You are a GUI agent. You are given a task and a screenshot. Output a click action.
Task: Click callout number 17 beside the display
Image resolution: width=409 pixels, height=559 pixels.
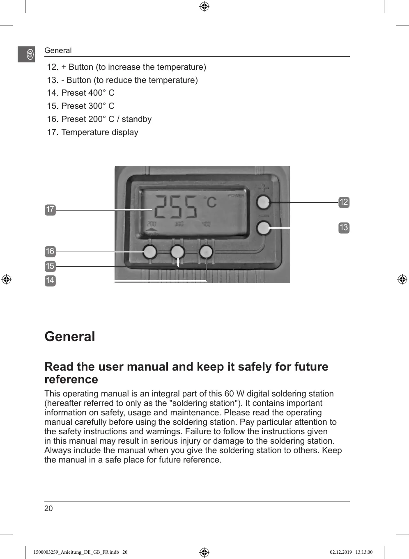coord(50,210)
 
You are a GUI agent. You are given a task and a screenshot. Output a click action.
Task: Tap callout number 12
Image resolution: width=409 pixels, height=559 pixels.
coord(344,202)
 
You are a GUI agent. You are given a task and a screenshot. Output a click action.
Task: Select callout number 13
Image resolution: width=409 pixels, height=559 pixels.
coord(344,227)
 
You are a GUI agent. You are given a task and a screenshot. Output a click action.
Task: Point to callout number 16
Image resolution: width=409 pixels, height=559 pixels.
coord(50,251)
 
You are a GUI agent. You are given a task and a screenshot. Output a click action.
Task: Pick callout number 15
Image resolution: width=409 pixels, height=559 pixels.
coord(50,266)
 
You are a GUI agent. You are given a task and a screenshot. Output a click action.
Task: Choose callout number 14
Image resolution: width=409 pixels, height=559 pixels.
coord(50,280)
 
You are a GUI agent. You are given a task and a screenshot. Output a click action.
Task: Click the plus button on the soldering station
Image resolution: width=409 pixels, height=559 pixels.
coord(263,202)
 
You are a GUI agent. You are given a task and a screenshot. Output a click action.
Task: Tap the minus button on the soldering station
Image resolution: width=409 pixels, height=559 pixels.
coord(263,227)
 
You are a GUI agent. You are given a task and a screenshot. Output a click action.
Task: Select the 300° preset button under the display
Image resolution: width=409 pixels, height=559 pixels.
coord(177,252)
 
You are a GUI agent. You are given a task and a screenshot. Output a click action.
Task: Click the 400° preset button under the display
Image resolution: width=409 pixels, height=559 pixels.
coord(206,252)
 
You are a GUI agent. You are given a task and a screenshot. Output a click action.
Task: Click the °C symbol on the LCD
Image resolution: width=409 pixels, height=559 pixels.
coord(209,202)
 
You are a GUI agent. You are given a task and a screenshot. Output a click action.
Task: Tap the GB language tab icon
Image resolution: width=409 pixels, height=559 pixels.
coord(30,54)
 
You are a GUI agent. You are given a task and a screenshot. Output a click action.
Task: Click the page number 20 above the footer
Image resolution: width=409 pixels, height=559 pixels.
coord(48,508)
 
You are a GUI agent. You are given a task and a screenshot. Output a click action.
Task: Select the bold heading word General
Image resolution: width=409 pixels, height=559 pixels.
coord(70,337)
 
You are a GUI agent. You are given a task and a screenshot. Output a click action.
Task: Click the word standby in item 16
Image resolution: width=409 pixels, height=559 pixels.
coord(136,119)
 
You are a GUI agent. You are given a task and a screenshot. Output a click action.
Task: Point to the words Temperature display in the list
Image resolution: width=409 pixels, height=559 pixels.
coord(100,132)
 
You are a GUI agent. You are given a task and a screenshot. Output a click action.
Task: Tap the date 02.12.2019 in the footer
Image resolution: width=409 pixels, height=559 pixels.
coord(341,552)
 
